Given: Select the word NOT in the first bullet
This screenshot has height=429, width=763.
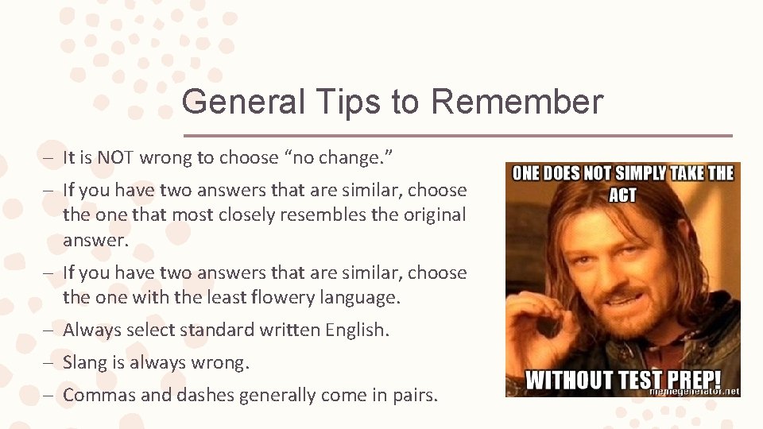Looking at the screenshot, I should pos(117,157).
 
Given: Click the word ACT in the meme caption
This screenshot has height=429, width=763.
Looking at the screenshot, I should pos(622,195).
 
